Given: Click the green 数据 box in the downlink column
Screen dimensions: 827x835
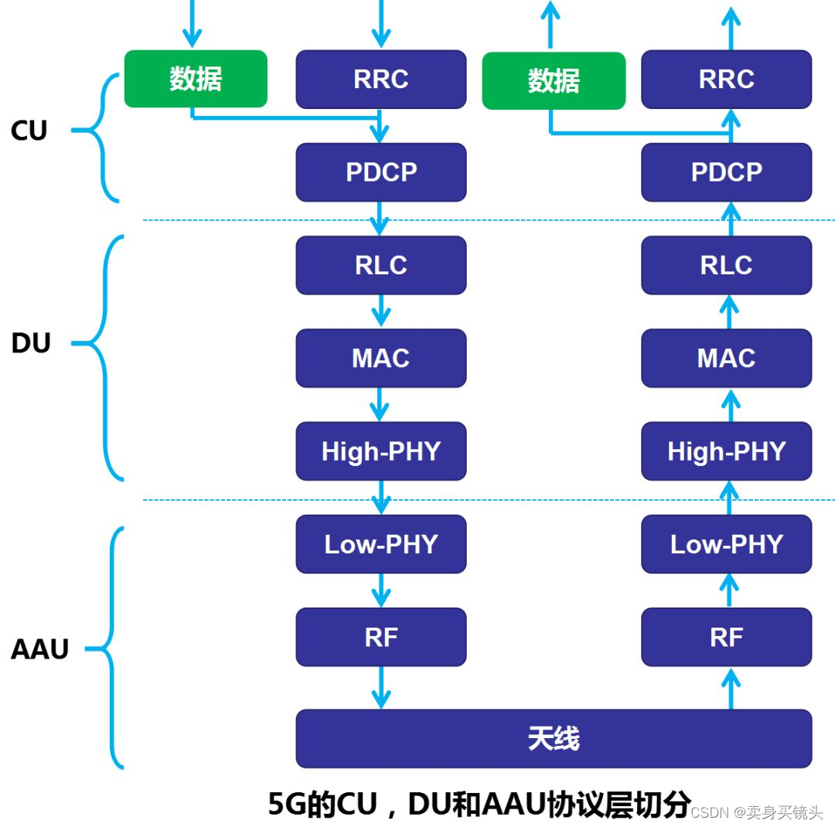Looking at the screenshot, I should pos(196,79).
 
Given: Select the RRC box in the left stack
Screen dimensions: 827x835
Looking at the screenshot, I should pos(381,79).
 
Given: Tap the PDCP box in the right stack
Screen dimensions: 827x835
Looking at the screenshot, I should pos(726,172).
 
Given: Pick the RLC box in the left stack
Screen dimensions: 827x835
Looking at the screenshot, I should pos(381,265).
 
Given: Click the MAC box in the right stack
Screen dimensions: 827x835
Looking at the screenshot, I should pos(726,358).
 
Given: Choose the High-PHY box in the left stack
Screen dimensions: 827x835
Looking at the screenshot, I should pos(381,451).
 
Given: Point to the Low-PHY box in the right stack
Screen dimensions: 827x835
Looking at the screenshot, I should pos(726,544).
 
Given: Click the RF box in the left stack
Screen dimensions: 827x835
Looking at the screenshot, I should pos(381,637).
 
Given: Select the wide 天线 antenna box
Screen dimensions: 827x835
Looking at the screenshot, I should pos(554,738).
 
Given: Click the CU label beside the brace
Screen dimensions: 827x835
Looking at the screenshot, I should pos(29,131).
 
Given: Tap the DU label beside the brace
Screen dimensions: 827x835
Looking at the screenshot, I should pos(31,342).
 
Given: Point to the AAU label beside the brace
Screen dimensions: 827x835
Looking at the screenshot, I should pos(40,649).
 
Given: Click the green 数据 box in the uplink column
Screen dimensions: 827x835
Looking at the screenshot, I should pos(554,80).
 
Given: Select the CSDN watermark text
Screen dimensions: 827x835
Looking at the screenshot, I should pos(711,812).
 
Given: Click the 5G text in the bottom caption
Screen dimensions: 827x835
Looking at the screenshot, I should pos(287,805).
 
